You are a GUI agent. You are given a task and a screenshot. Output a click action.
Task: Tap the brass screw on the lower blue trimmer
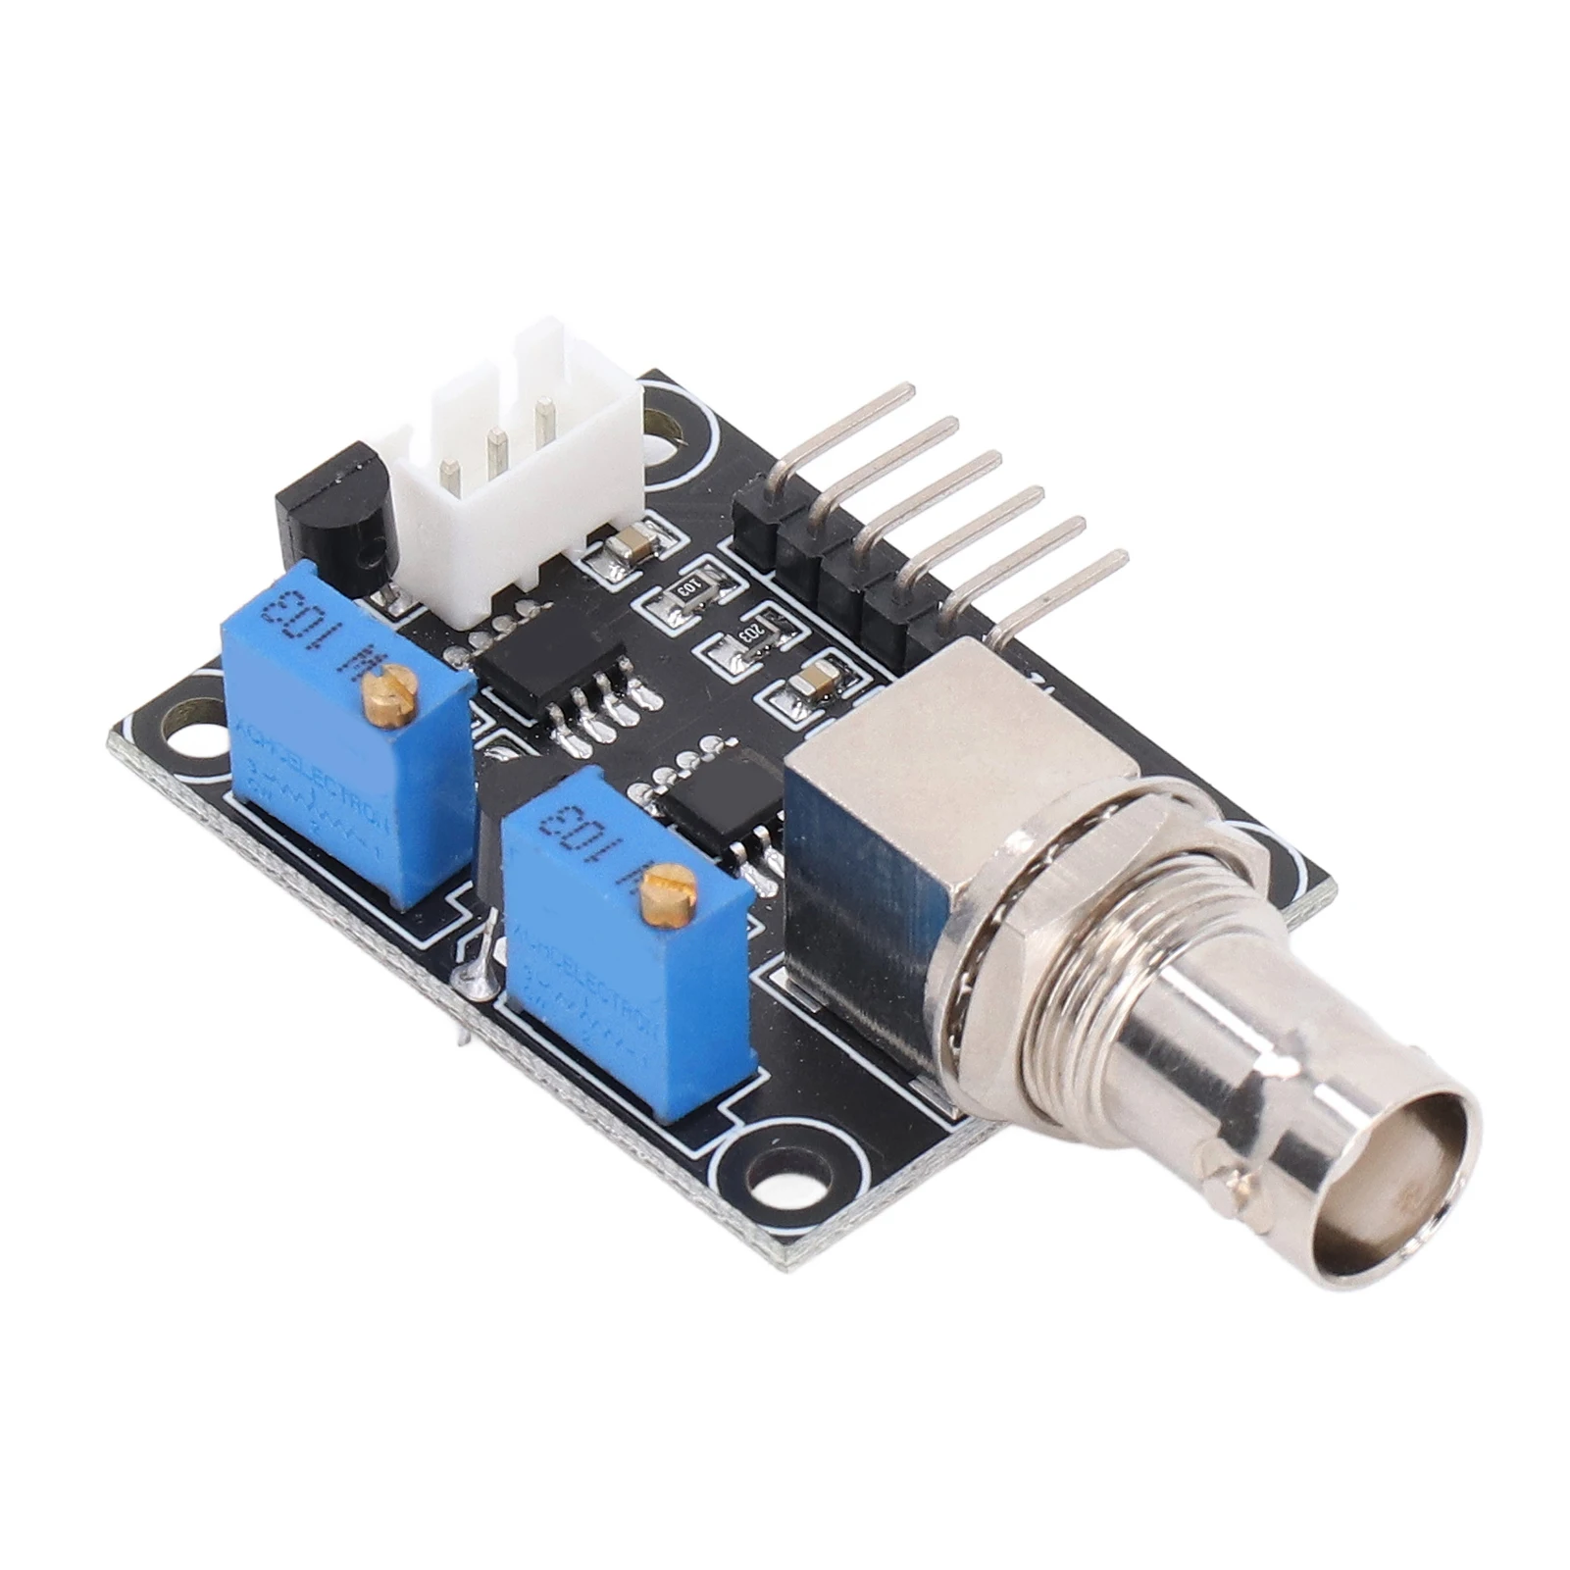(x=666, y=887)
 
